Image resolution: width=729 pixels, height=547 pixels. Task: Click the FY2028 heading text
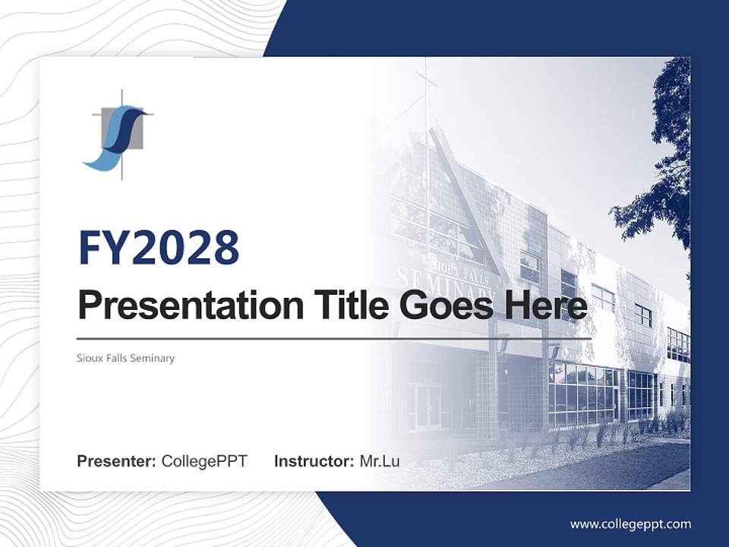click(159, 247)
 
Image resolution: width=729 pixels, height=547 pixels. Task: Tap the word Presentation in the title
click(191, 305)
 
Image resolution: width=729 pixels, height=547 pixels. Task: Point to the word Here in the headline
click(546, 305)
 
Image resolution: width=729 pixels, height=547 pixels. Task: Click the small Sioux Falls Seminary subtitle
click(125, 358)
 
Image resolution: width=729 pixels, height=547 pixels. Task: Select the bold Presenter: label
click(116, 461)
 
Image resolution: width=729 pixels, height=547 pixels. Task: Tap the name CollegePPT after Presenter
click(204, 461)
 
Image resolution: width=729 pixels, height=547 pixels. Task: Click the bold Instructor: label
click(314, 461)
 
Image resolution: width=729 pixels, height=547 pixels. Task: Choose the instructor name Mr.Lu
click(380, 461)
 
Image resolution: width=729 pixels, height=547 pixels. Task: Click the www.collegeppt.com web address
click(630, 524)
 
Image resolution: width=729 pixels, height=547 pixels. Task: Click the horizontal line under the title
click(334, 339)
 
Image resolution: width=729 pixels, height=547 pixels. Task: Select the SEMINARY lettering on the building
click(446, 284)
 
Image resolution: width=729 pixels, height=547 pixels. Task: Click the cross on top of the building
click(425, 79)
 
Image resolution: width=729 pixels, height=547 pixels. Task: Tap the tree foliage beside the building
click(660, 158)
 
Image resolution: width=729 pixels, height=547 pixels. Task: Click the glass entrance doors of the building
click(428, 406)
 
